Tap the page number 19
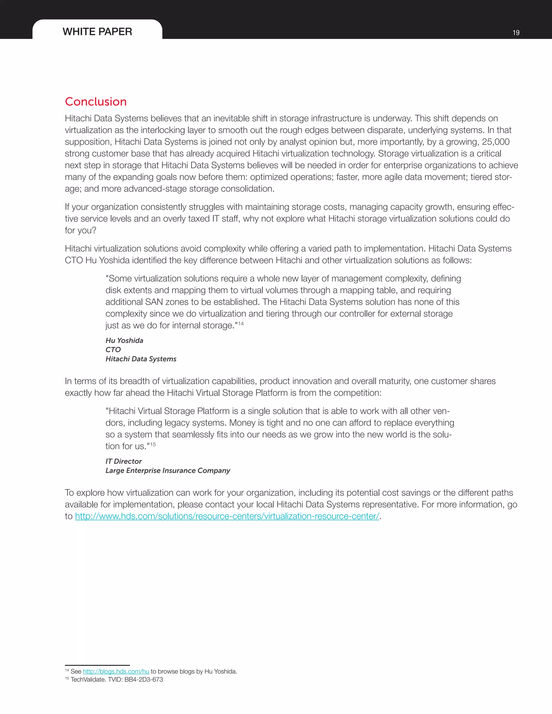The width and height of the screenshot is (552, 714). tap(516, 33)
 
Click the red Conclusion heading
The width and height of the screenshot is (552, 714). tap(95, 102)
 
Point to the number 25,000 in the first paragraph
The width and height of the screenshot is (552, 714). tap(495, 142)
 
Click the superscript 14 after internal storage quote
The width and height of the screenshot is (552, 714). tap(241, 323)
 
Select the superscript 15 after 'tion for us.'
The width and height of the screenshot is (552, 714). tap(153, 444)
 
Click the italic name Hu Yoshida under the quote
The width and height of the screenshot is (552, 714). tap(124, 341)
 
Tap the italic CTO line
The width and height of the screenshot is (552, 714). tap(113, 350)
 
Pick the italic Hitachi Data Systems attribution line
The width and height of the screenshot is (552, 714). tap(141, 359)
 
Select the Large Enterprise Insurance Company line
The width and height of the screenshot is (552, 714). tap(167, 470)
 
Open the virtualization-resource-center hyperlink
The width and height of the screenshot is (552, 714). tap(227, 516)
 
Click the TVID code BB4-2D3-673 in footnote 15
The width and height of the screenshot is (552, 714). tap(144, 680)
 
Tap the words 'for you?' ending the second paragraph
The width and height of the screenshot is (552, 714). tap(80, 230)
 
